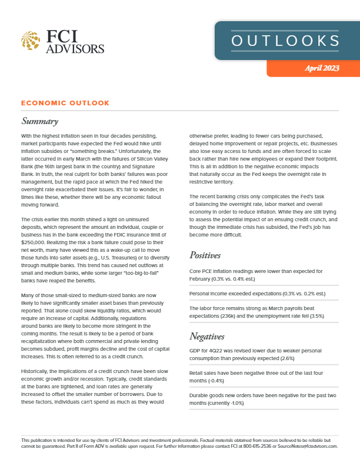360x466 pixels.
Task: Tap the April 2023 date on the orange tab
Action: (x=322, y=69)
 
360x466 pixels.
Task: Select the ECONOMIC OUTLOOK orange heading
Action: (x=65, y=103)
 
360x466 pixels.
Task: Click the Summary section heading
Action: (x=39, y=121)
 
